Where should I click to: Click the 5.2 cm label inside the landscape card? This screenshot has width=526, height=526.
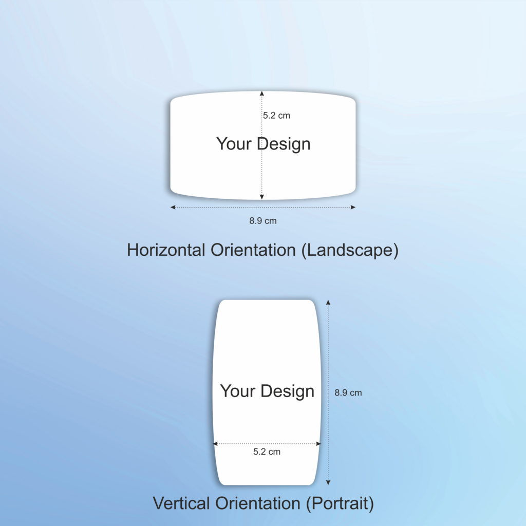[x=276, y=116]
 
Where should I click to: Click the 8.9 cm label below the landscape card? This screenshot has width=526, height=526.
[x=263, y=221]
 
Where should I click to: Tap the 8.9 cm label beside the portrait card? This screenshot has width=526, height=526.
[x=348, y=393]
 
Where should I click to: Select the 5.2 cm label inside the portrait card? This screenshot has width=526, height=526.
[x=267, y=452]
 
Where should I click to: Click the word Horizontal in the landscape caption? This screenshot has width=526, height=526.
[x=166, y=250]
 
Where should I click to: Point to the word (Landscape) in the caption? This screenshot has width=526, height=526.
[x=350, y=251]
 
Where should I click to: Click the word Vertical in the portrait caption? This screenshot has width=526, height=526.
[x=181, y=503]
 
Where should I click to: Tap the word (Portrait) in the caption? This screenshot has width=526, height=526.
[x=340, y=504]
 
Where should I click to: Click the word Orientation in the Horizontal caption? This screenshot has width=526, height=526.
[x=253, y=250]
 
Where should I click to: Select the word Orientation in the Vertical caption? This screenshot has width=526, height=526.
[x=258, y=503]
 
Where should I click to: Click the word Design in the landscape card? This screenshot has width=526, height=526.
[x=284, y=144]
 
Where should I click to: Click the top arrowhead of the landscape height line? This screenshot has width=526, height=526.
[x=261, y=93]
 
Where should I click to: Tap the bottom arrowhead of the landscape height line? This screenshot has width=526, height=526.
[x=261, y=197]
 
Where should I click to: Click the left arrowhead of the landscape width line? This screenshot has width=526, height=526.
[x=173, y=208]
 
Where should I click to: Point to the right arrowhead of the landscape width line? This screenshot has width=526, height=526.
[x=353, y=208]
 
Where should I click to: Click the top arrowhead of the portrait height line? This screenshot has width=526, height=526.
[x=328, y=303]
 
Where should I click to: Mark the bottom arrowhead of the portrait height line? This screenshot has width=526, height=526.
[x=328, y=482]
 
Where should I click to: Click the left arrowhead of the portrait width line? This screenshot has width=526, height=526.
[x=215, y=444]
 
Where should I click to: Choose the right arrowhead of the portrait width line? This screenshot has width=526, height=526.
[x=318, y=444]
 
